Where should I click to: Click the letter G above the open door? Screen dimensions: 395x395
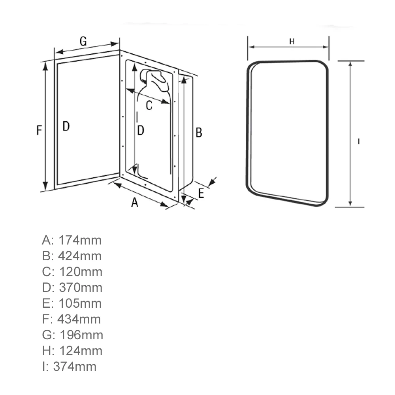(x=83, y=41)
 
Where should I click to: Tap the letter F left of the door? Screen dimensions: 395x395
(x=39, y=130)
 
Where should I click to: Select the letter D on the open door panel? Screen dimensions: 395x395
(x=66, y=126)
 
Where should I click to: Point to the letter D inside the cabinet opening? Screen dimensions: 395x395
(x=141, y=130)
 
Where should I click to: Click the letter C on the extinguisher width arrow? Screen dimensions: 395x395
(x=149, y=105)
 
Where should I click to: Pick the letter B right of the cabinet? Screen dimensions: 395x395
(x=199, y=133)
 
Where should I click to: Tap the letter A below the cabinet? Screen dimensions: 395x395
(x=135, y=203)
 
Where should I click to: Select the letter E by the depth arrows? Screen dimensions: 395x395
(x=201, y=194)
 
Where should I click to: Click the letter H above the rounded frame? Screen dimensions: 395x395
(x=292, y=41)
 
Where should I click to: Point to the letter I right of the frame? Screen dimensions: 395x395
(x=358, y=141)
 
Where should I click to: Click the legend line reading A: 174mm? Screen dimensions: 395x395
(x=71, y=240)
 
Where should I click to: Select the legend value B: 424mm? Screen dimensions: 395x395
(x=71, y=256)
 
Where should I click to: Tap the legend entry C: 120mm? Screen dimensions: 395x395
(x=72, y=272)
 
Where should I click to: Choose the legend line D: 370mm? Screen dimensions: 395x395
(x=72, y=288)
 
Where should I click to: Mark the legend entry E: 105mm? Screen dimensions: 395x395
(x=71, y=303)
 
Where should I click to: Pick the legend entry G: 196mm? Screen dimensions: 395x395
(x=72, y=335)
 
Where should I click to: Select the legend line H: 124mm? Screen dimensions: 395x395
(x=72, y=351)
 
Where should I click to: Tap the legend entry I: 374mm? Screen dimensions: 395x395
(x=69, y=367)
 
